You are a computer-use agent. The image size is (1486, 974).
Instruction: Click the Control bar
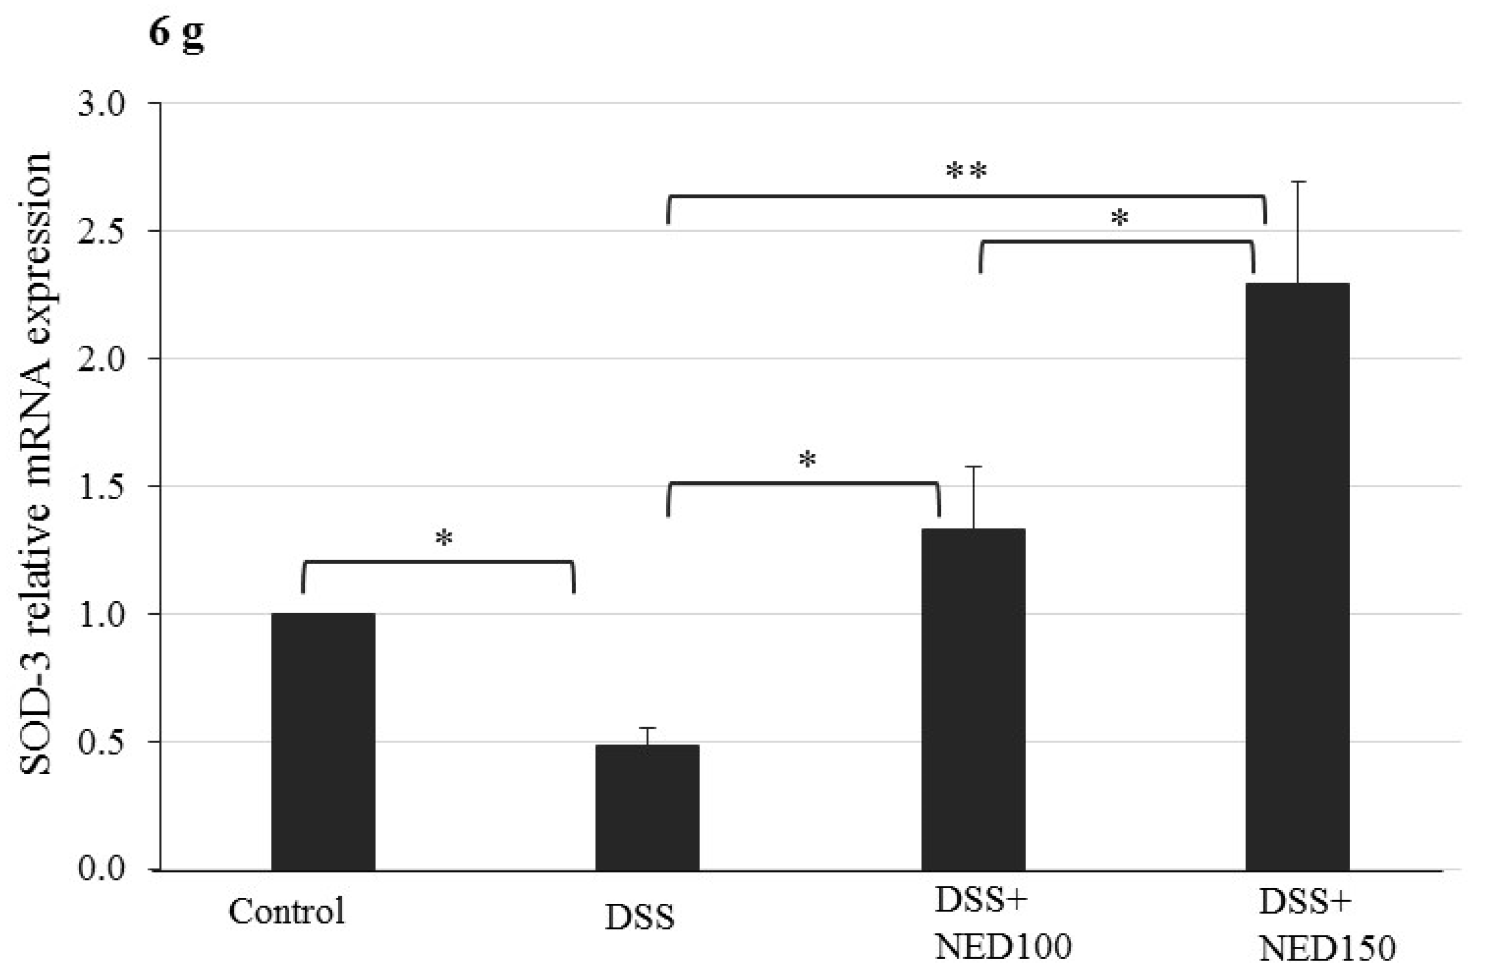point(323,742)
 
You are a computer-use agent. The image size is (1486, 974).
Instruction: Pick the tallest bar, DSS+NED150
point(1297,576)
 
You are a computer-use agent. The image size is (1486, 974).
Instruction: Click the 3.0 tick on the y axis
point(101,104)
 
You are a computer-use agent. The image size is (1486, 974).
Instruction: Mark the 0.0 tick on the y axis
point(101,869)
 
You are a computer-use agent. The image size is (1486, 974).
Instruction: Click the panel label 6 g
point(176,32)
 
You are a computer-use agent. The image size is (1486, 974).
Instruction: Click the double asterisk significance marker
point(967,171)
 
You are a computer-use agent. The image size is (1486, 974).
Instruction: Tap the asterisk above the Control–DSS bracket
point(444,538)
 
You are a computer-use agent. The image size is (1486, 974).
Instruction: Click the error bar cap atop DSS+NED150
point(1298,182)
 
